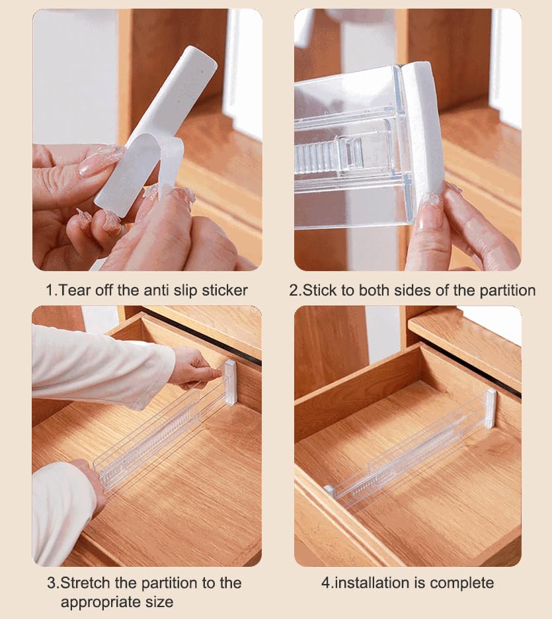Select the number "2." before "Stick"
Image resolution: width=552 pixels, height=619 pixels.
(296, 290)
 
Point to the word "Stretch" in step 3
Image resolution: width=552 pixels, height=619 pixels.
(86, 583)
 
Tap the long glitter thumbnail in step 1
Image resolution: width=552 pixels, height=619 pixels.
(100, 161)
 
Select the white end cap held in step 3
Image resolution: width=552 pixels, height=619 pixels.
(229, 382)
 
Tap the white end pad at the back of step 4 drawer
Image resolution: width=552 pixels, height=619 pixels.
(490, 408)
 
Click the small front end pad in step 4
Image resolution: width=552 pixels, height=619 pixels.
(329, 490)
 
